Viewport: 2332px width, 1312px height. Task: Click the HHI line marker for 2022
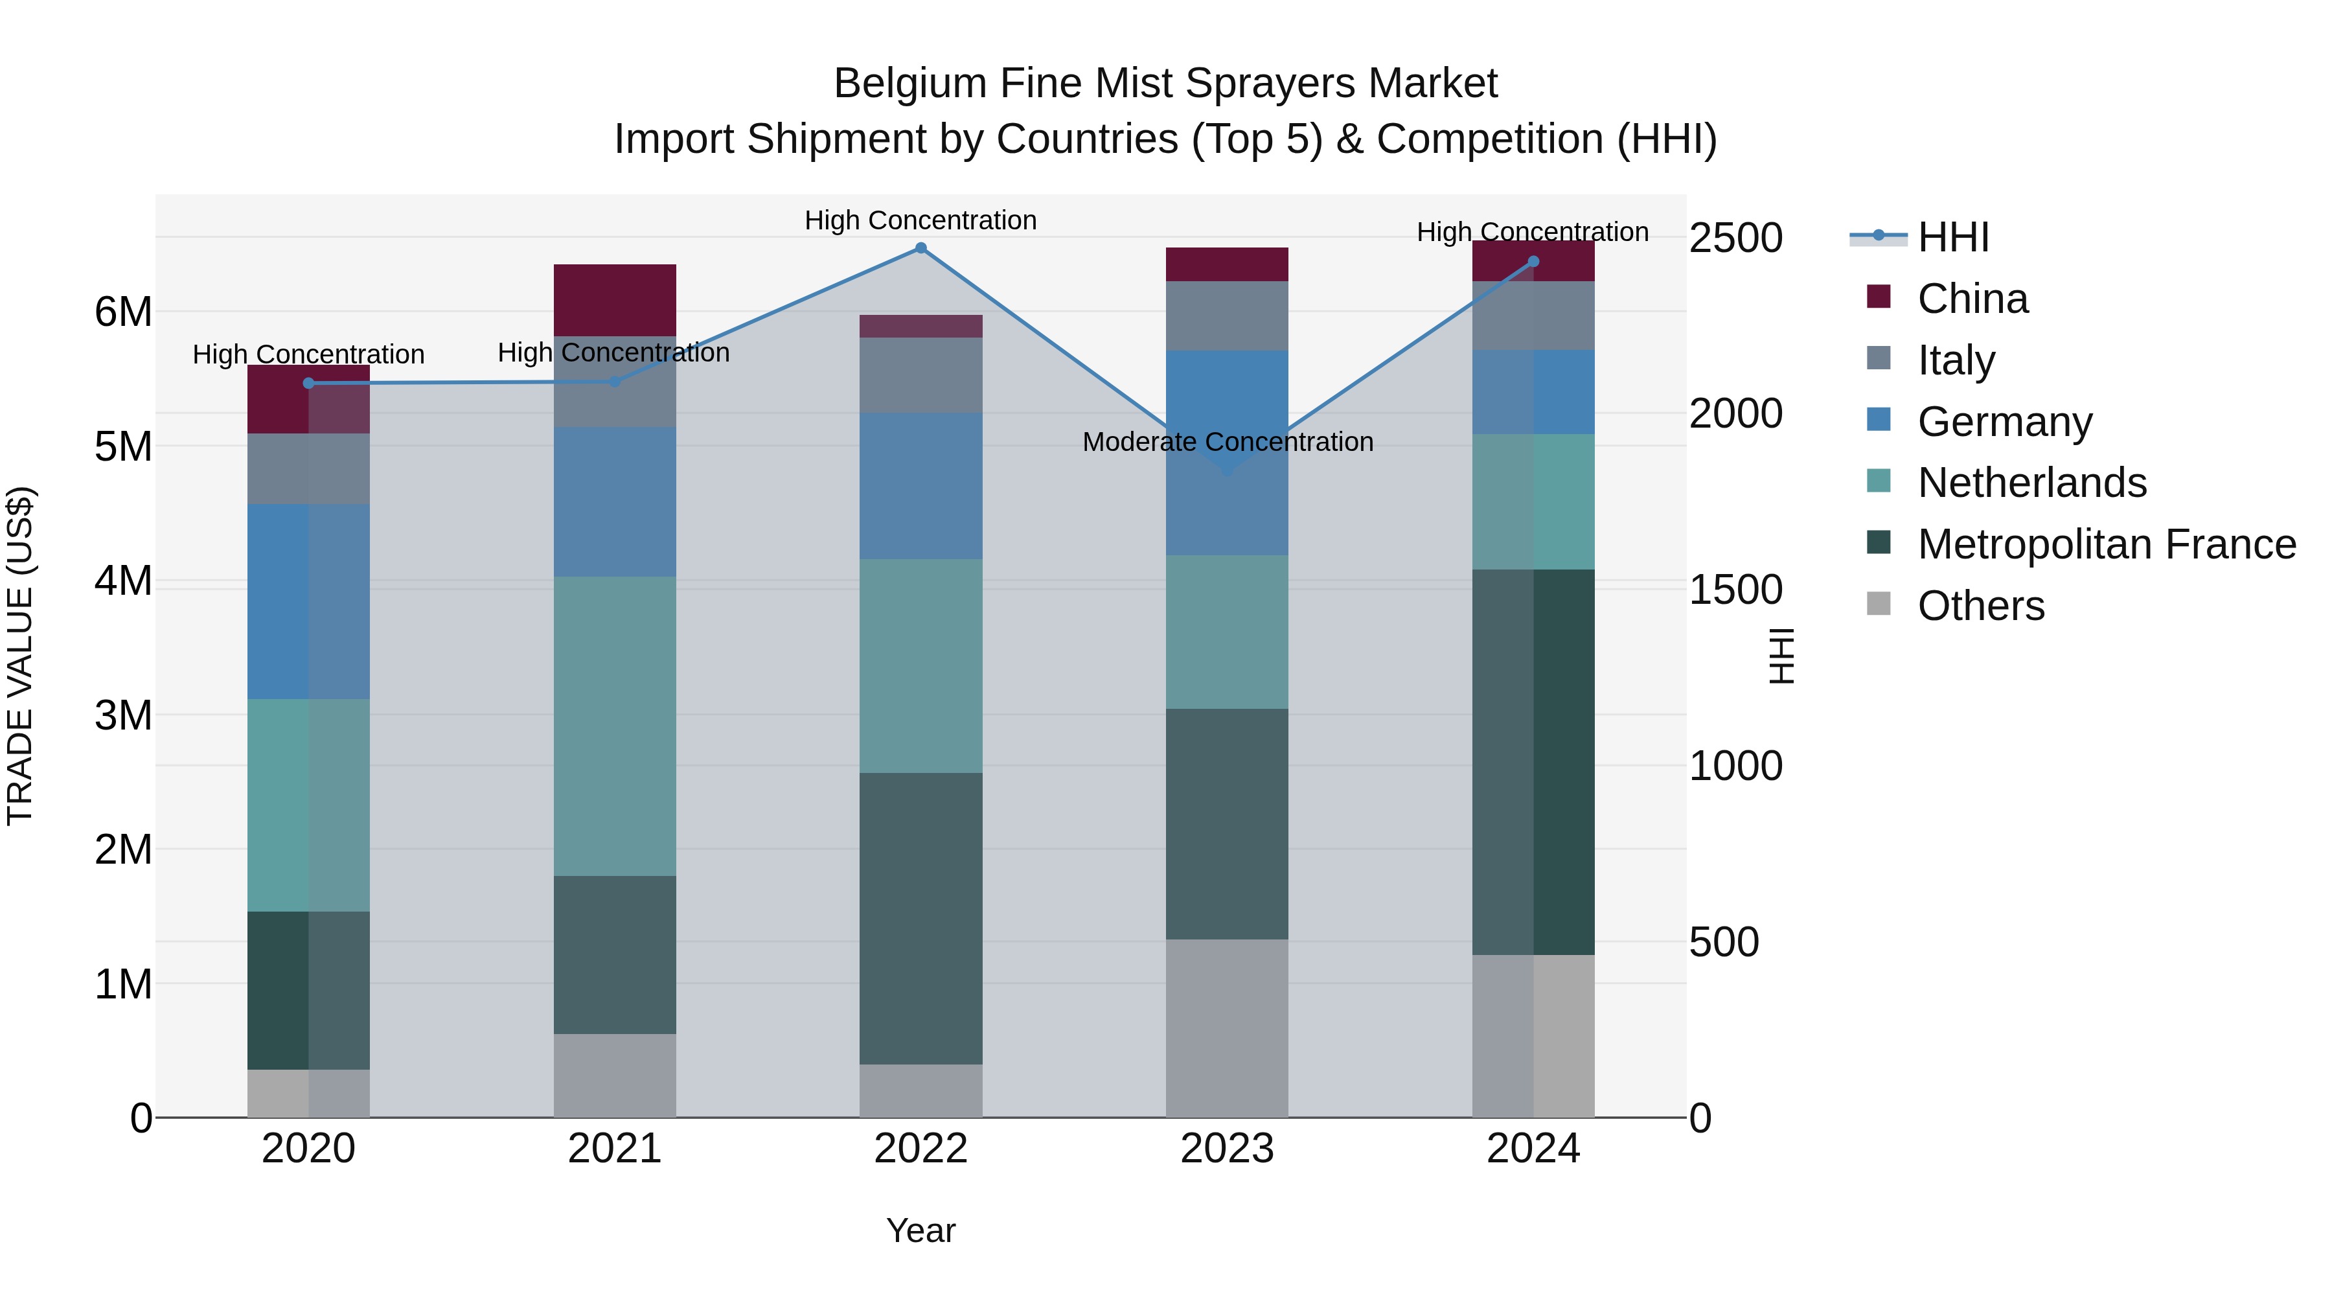(x=920, y=248)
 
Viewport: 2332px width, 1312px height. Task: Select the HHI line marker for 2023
(x=1227, y=470)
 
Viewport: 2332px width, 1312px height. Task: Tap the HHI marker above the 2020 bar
(x=309, y=383)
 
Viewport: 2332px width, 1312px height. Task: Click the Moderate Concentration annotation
(x=1228, y=442)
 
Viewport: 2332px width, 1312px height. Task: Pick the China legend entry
(x=1972, y=299)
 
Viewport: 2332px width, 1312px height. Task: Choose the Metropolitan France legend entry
(x=2106, y=544)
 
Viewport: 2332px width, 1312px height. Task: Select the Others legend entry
(x=1980, y=606)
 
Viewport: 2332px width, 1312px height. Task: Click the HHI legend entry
(x=1952, y=237)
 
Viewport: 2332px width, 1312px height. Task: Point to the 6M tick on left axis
(x=123, y=312)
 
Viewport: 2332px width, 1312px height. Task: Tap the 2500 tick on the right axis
(x=1735, y=238)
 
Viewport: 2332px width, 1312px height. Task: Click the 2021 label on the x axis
(x=615, y=1149)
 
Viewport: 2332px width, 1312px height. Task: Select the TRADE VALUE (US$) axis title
(x=20, y=656)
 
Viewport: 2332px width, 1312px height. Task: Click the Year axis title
(x=920, y=1230)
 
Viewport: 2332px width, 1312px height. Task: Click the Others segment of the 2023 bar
(x=1227, y=1028)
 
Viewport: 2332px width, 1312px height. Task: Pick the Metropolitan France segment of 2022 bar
(x=920, y=918)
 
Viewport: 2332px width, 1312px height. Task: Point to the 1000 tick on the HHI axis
(x=1735, y=766)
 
